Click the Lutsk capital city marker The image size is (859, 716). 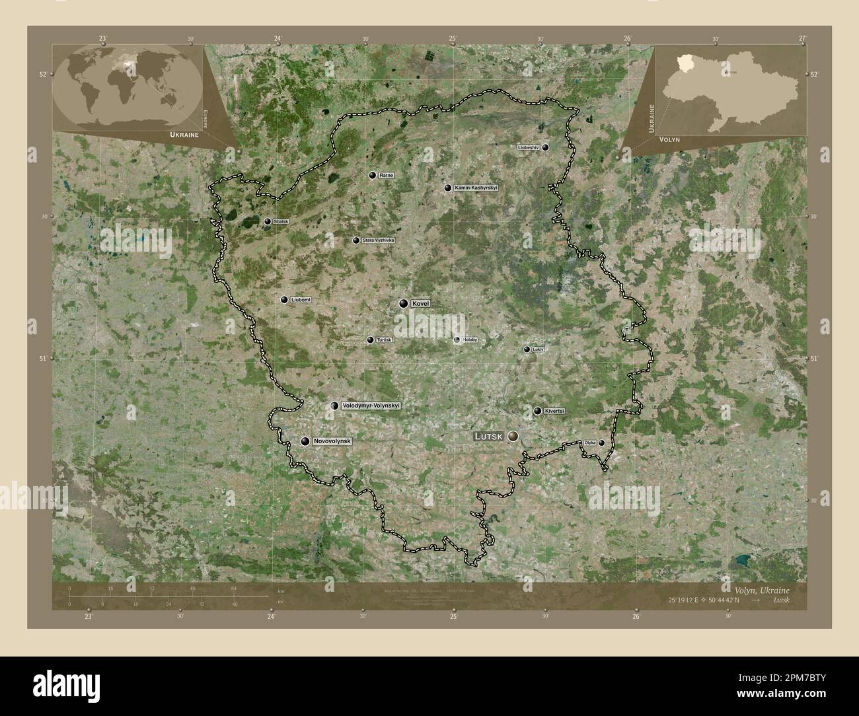[513, 436]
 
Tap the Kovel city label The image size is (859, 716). [421, 303]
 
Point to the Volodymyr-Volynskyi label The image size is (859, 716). [371, 406]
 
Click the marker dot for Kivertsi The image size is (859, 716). [537, 411]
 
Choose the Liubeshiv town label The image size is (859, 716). [529, 147]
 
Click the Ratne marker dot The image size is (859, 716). [373, 175]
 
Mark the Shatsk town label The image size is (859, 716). [281, 221]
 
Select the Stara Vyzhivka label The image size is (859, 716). [378, 240]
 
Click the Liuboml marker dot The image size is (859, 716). [284, 300]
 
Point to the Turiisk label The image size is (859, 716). [384, 340]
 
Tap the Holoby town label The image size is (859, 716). [470, 340]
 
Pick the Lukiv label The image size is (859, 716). [537, 349]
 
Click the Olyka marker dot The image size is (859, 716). [601, 443]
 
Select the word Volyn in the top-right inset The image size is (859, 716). [668, 139]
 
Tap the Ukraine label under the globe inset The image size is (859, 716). [184, 134]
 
